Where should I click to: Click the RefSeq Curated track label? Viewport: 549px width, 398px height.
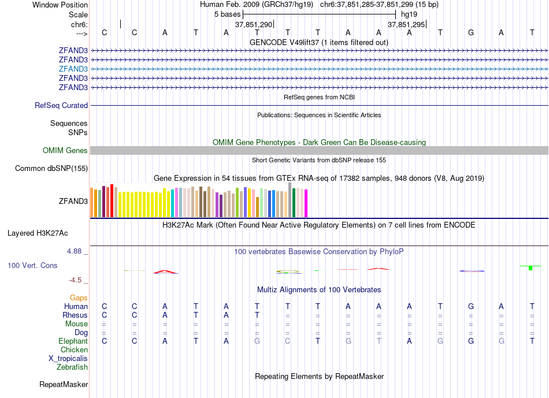click(61, 106)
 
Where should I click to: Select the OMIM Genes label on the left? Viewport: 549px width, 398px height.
click(65, 151)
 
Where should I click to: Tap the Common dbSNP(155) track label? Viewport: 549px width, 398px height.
click(51, 169)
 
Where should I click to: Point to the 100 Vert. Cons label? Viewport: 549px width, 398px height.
click(32, 266)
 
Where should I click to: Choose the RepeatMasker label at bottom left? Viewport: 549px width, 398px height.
click(64, 385)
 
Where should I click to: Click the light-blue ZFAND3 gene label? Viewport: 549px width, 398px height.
click(73, 69)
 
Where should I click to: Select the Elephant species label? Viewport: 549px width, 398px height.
click(73, 341)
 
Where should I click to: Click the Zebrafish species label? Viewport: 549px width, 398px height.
click(72, 367)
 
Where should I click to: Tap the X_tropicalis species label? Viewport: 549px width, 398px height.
click(68, 359)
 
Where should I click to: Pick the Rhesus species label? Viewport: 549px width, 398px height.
click(75, 315)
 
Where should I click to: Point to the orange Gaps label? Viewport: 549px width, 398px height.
click(79, 298)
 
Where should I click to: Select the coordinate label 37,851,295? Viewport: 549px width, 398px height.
click(406, 25)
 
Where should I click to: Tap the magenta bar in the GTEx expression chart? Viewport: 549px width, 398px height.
click(306, 203)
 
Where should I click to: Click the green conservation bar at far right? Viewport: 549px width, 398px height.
click(531, 267)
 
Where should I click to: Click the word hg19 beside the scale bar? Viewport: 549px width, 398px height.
click(409, 14)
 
